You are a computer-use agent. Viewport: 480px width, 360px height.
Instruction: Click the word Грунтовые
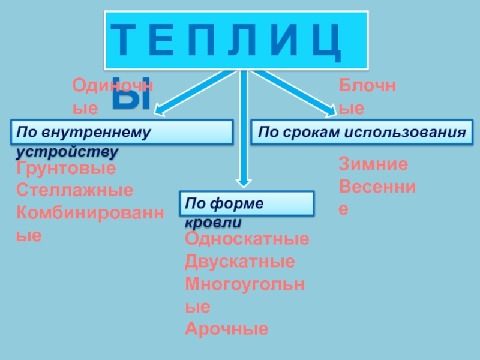pos(66,169)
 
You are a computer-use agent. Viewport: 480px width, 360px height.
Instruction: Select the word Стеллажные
pos(74,191)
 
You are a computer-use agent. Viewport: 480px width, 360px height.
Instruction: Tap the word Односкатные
pos(247,240)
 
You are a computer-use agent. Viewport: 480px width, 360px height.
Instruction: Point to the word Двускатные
pos(239,262)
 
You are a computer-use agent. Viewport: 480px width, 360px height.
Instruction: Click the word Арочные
pos(227,329)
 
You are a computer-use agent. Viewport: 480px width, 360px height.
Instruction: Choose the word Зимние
pos(373,164)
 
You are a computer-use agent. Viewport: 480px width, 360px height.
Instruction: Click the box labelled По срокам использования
pos(362,132)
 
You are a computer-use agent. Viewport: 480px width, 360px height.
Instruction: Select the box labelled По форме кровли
pos(247,203)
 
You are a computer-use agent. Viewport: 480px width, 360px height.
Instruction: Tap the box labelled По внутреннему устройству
pos(122,132)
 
